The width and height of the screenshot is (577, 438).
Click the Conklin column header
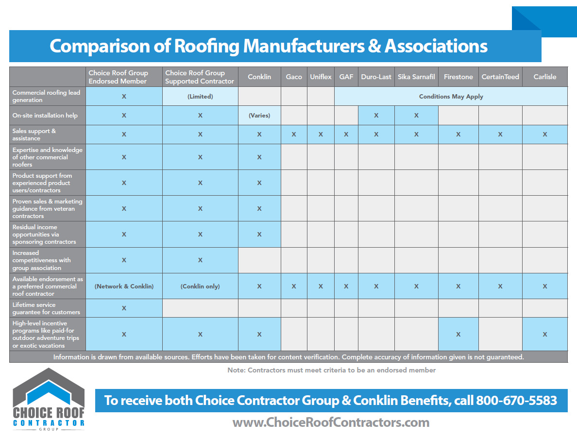click(x=259, y=77)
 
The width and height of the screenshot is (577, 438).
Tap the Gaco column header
click(x=294, y=77)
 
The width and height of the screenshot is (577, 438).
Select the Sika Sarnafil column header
click(x=416, y=77)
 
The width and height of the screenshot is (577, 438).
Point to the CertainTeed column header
click(x=500, y=77)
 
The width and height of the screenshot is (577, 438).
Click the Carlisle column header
click(x=544, y=77)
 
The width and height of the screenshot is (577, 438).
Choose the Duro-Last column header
click(x=376, y=77)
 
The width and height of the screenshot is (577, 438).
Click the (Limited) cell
click(x=200, y=96)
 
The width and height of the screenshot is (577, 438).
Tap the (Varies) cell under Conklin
click(x=259, y=116)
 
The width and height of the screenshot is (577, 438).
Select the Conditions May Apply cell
click(x=451, y=96)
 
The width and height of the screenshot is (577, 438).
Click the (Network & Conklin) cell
click(x=124, y=286)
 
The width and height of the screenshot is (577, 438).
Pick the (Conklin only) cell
click(x=200, y=286)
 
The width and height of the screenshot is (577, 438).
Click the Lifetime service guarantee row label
click(x=47, y=308)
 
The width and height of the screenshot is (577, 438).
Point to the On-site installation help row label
click(x=45, y=116)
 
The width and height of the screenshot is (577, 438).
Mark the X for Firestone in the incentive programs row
click(x=458, y=334)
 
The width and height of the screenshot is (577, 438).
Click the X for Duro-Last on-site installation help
click(x=376, y=116)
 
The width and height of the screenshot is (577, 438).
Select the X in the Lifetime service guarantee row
click(x=124, y=308)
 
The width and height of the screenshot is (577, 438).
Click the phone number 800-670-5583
click(x=516, y=401)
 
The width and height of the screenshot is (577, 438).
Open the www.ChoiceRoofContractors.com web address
click(x=331, y=422)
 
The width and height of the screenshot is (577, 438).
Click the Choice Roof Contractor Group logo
click(x=48, y=399)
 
